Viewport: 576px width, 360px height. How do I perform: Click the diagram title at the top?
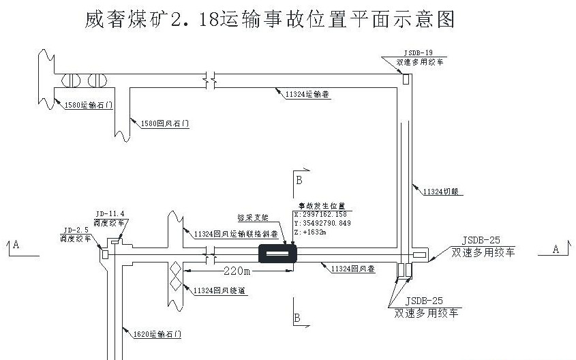click(x=269, y=19)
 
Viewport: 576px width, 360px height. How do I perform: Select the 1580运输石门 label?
click(x=87, y=105)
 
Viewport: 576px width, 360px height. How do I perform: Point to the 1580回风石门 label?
click(x=164, y=124)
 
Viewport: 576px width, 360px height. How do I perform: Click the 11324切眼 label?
click(x=442, y=192)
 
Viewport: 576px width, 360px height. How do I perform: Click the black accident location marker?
click(x=277, y=254)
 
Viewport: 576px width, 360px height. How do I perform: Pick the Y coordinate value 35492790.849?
click(x=324, y=223)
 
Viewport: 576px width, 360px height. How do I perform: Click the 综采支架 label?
click(x=252, y=217)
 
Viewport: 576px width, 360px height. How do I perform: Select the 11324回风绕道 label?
click(x=219, y=290)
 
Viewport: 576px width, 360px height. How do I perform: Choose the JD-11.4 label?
click(x=111, y=213)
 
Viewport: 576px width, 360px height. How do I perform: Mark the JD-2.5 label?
click(x=76, y=230)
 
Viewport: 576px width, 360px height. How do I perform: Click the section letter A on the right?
click(x=555, y=250)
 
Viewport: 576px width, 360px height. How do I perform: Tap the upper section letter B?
click(x=298, y=180)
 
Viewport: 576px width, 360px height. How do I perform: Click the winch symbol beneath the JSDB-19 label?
click(x=405, y=79)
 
